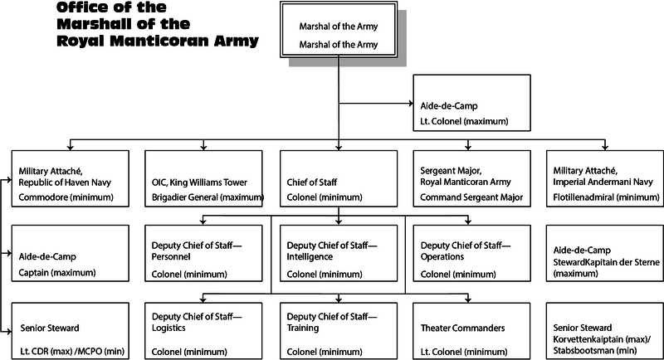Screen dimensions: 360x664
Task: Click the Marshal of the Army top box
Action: click(338, 34)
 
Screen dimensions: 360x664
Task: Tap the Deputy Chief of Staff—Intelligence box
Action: click(338, 255)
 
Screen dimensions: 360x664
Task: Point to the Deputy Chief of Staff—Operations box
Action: click(471, 255)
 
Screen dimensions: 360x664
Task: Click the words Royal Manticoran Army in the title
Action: click(158, 40)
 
